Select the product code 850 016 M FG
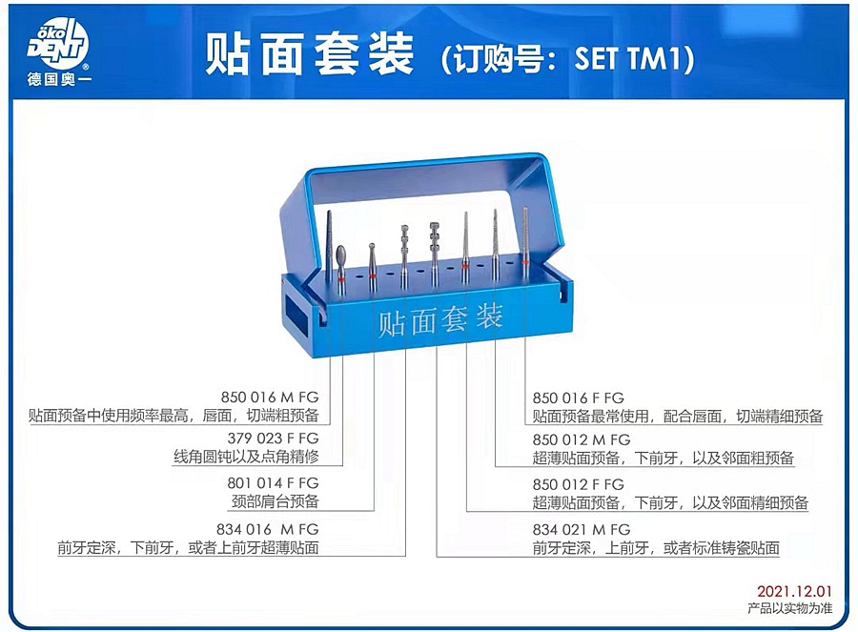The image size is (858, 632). [x=270, y=397]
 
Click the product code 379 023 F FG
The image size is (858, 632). [x=273, y=438]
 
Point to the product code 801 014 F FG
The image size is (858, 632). [x=273, y=482]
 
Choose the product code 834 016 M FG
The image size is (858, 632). [x=268, y=529]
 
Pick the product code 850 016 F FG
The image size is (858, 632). [x=579, y=398]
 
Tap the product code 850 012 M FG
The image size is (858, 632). [x=582, y=439]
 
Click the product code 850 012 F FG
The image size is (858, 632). [x=579, y=484]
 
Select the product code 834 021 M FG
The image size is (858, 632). [x=582, y=529]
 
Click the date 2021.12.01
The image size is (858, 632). [x=794, y=591]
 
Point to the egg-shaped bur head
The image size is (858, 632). [x=341, y=255]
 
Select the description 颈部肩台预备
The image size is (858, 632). [x=276, y=500]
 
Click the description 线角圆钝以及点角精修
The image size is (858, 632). [x=246, y=456]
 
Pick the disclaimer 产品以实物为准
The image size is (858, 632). [x=790, y=608]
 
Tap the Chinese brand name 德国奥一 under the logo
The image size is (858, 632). [x=58, y=80]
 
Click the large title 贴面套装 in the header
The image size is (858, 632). [x=309, y=54]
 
